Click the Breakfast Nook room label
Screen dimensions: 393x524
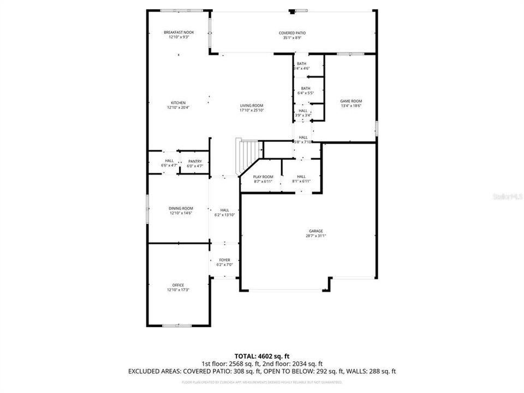click(178, 33)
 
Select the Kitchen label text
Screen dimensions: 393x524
click(178, 103)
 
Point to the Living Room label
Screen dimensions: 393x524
click(252, 105)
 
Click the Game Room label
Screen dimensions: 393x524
click(351, 101)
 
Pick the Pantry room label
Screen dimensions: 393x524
click(195, 161)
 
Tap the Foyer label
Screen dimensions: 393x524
click(225, 260)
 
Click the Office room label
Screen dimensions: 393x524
click(178, 285)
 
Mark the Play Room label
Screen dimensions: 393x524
click(263, 177)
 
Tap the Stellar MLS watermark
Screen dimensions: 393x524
click(508, 194)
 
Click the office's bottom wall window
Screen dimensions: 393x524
click(177, 326)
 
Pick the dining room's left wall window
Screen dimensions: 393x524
click(147, 209)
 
